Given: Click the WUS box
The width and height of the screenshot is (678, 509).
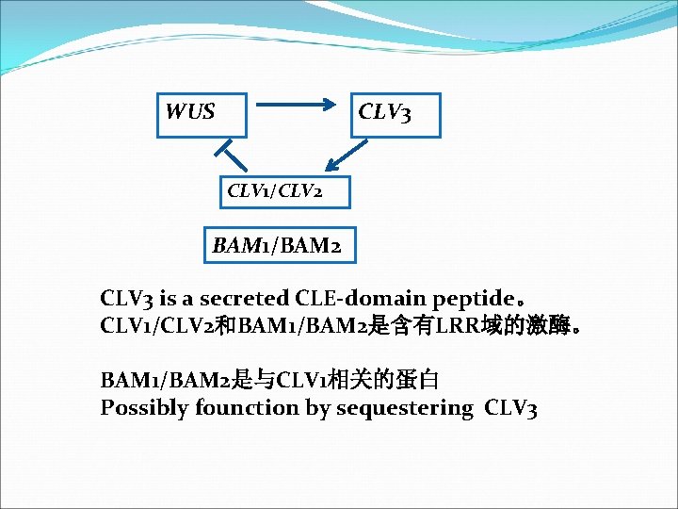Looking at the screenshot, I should pyautogui.click(x=201, y=114).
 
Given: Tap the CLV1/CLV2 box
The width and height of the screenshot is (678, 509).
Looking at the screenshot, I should pyautogui.click(x=273, y=191).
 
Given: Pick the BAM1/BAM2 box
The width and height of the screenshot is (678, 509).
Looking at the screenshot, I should pyautogui.click(x=277, y=247).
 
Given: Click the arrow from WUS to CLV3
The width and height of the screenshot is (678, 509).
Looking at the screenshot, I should pyautogui.click(x=298, y=107).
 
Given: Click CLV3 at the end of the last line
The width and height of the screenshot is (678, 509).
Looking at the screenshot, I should pyautogui.click(x=511, y=408).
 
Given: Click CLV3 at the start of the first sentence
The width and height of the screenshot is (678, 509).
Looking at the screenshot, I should pyautogui.click(x=127, y=299).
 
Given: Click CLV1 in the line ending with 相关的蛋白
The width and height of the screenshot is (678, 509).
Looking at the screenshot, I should pyautogui.click(x=300, y=381).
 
